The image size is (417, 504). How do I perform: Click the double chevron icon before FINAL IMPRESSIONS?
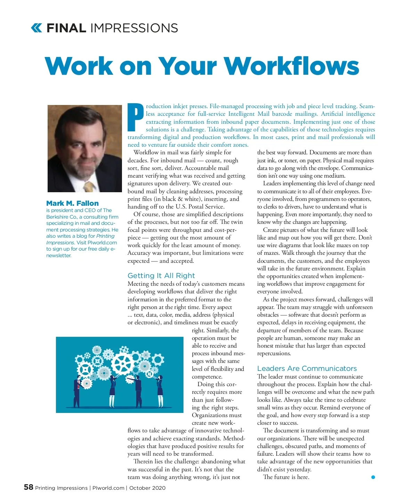tap(36, 28)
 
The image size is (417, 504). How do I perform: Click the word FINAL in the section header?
tap(66, 28)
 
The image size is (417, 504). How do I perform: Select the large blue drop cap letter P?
tap(136, 117)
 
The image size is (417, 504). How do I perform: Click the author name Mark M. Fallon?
tap(72, 203)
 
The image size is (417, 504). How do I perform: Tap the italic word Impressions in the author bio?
tap(60, 243)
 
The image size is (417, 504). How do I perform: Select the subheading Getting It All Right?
tap(161, 276)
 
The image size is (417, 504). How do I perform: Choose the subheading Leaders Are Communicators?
tap(307, 368)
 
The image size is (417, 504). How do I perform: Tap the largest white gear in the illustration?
tap(123, 364)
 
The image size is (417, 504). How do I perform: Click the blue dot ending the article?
tap(373, 477)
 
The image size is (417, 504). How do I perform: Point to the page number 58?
tap(28, 487)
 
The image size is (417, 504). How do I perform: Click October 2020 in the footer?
tap(147, 488)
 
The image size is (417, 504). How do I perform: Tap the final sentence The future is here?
tap(286, 477)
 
